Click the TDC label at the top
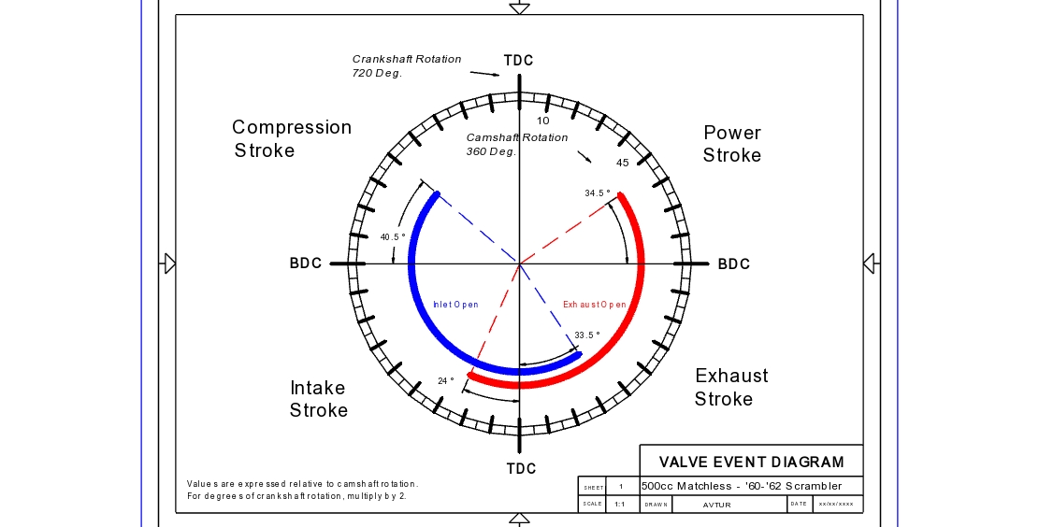[x=518, y=61]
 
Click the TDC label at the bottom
[x=521, y=468]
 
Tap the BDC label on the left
[x=306, y=263]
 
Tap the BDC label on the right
[x=734, y=264]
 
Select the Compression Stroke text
[x=291, y=138]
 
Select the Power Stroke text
[x=732, y=144]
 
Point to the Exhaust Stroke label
[x=730, y=387]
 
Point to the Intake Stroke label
[x=318, y=399]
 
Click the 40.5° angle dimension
[x=393, y=237]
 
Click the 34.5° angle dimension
[x=598, y=193]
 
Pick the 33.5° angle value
[x=587, y=335]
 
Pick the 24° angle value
[x=446, y=381]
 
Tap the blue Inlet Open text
[x=455, y=305]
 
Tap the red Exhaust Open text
[x=595, y=305]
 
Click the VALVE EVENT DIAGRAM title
[x=751, y=462]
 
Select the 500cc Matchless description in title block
[x=742, y=486]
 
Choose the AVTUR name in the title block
[x=716, y=505]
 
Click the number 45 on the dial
[x=622, y=163]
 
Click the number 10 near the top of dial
[x=543, y=121]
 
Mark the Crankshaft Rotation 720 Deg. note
[x=407, y=65]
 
